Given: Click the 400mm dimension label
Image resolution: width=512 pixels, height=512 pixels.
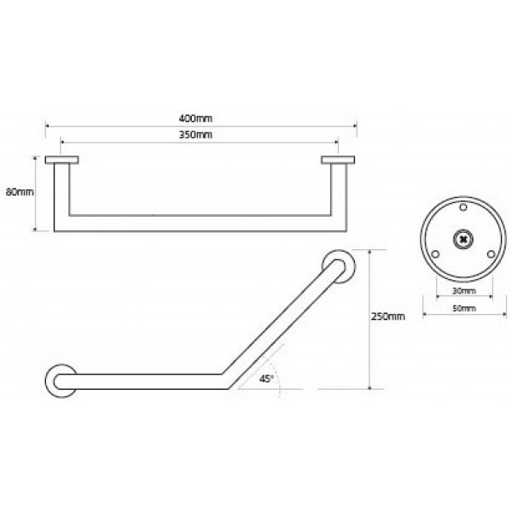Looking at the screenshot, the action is click(195, 119).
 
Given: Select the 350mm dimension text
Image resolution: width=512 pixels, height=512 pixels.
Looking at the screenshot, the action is click(195, 135).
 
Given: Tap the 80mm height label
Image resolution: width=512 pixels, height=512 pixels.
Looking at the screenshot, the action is click(20, 192).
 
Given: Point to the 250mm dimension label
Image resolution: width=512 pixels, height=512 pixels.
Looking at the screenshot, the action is click(388, 317).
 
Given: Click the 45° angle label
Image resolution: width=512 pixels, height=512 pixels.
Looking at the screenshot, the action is click(265, 379).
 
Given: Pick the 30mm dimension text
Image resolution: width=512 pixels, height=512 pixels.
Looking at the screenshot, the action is click(464, 291).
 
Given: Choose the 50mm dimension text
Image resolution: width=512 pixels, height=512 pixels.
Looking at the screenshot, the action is click(464, 308).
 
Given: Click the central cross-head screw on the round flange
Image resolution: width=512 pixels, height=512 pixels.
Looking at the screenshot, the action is click(463, 239).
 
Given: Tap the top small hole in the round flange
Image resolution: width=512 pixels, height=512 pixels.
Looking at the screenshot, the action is click(463, 207).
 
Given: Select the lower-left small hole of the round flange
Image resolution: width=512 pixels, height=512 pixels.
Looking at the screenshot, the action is click(435, 254).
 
